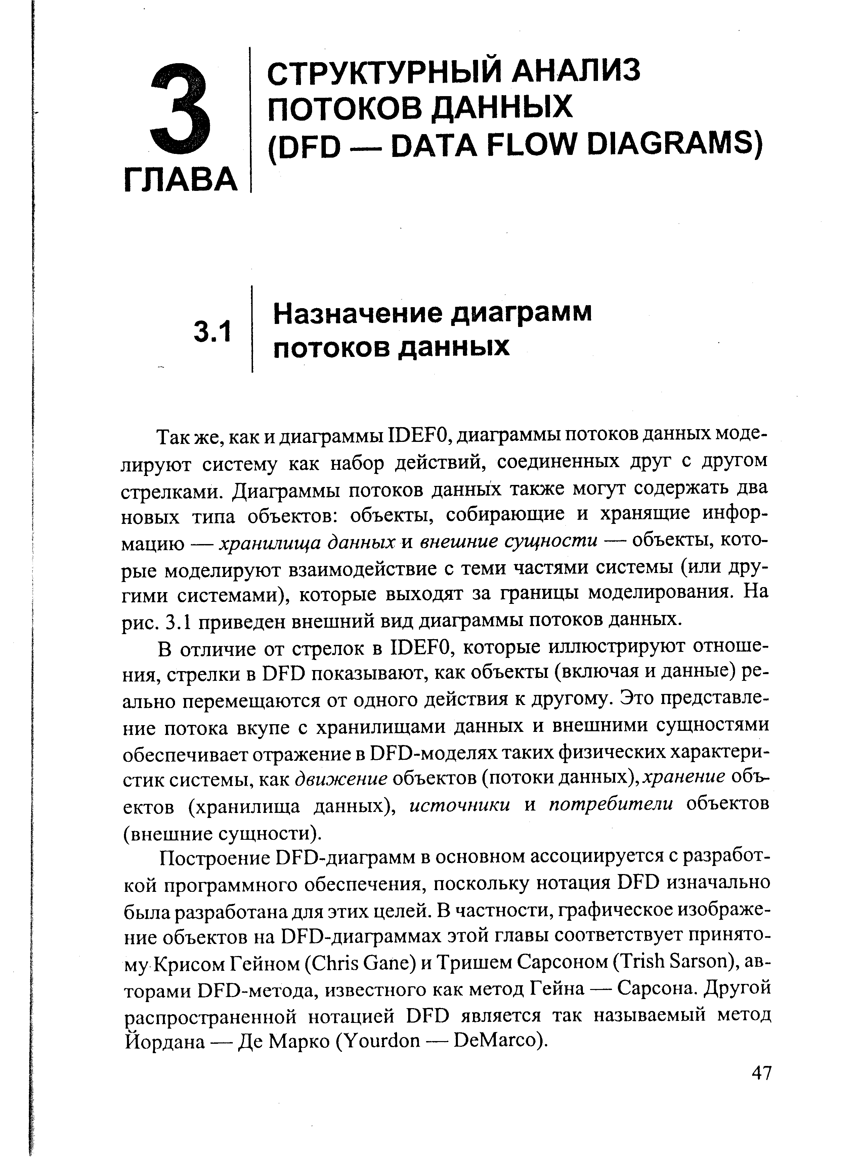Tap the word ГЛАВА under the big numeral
pos(181,180)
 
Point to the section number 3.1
pos(212,332)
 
